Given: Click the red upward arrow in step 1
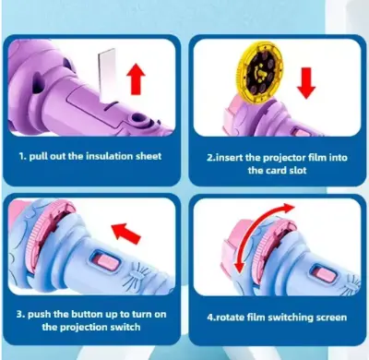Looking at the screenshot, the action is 136,79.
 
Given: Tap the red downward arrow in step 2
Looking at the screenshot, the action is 306,83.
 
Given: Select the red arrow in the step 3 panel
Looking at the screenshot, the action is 125,233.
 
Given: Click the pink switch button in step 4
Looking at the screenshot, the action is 325,272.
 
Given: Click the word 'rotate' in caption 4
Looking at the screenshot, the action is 229,318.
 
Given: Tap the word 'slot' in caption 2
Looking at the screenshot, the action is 298,170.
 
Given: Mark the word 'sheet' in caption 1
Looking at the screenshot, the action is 149,156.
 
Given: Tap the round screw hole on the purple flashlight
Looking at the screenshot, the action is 137,117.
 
